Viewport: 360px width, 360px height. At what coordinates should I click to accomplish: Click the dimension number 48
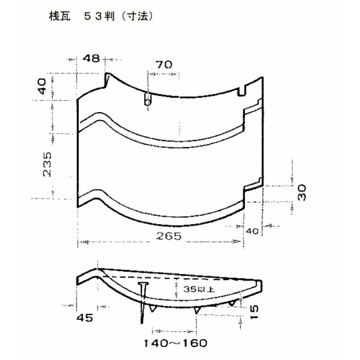(92, 59)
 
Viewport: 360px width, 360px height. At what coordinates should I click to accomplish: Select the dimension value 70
(164, 64)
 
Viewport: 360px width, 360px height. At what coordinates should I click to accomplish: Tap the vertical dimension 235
(47, 164)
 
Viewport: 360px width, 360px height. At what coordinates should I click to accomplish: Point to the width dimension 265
(169, 236)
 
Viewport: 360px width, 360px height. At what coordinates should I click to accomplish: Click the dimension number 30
(302, 192)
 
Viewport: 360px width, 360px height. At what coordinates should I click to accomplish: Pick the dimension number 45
(85, 318)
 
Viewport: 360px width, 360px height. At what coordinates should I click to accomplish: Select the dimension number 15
(254, 312)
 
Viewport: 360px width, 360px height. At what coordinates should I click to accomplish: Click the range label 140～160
(176, 343)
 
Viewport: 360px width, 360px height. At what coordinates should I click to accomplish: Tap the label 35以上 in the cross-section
(199, 289)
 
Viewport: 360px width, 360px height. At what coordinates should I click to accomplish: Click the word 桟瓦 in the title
(60, 16)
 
